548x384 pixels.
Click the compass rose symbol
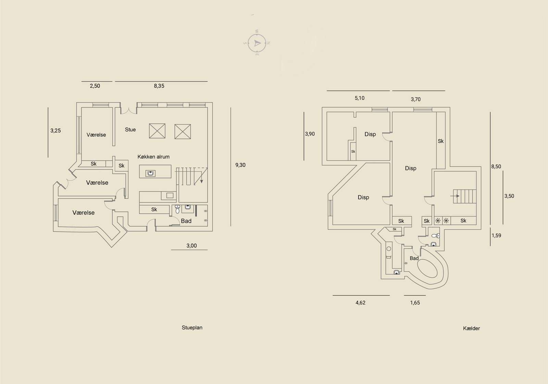tap(257, 43)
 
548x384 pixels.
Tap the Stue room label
tap(130, 130)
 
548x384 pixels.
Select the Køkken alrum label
tap(153, 157)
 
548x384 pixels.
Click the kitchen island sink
tap(150, 173)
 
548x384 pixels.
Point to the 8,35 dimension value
tap(159, 86)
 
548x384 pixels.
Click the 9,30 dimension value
tap(240, 165)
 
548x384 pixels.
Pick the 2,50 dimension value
tap(95, 86)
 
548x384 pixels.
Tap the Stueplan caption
tap(192, 328)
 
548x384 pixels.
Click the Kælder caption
tap(471, 328)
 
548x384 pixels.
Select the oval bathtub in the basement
tap(427, 268)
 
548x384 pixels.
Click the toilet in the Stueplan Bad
tap(178, 209)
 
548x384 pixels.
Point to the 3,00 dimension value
tap(191, 246)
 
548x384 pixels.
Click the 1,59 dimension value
tap(496, 236)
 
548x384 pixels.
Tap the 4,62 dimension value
tap(360, 303)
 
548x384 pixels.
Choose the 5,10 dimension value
tap(360, 98)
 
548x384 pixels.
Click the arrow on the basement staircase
tap(455, 196)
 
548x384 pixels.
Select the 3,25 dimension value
tap(55, 130)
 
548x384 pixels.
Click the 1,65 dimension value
tap(415, 303)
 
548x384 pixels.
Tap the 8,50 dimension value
tap(496, 166)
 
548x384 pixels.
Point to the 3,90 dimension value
tap(310, 134)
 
